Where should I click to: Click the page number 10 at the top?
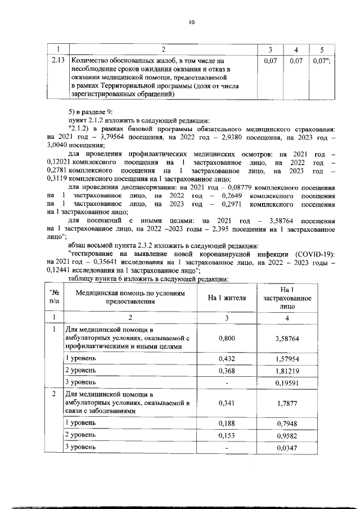(x=191, y=22)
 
